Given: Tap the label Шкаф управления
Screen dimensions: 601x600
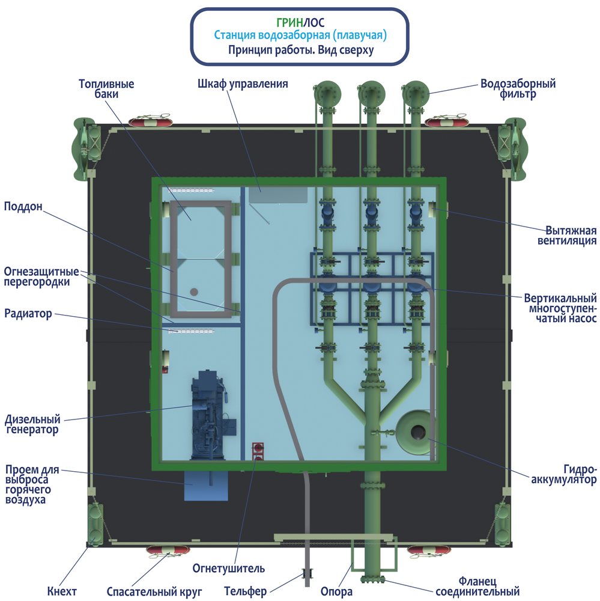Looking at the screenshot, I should (243, 84).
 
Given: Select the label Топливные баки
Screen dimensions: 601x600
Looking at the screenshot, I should (106, 89).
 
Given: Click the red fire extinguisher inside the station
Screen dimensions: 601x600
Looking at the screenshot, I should (258, 450).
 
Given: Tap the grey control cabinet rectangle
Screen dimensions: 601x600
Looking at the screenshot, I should (278, 194).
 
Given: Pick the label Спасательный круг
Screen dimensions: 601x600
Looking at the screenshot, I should (154, 592).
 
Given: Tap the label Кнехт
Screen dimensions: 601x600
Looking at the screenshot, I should (62, 592).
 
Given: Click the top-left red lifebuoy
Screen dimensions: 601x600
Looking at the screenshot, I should (150, 121).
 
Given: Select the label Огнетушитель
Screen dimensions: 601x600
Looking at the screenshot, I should (228, 568).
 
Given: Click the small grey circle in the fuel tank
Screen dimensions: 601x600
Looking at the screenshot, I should (194, 291).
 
